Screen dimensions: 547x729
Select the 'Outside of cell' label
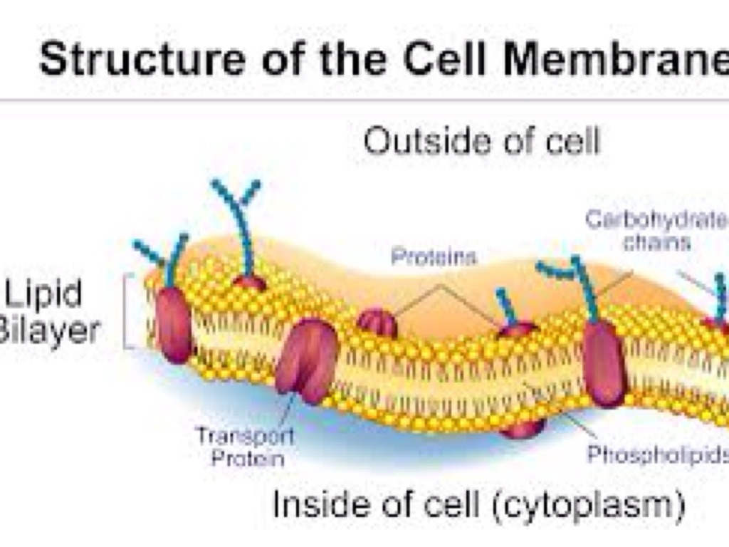tap(482, 141)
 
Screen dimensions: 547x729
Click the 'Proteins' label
tap(434, 256)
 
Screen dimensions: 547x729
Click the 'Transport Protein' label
tap(245, 446)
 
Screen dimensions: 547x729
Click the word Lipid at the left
tap(43, 293)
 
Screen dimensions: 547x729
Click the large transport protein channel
tap(307, 359)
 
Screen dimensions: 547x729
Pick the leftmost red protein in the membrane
tap(173, 325)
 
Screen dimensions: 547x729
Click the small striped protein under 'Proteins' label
tap(377, 323)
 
